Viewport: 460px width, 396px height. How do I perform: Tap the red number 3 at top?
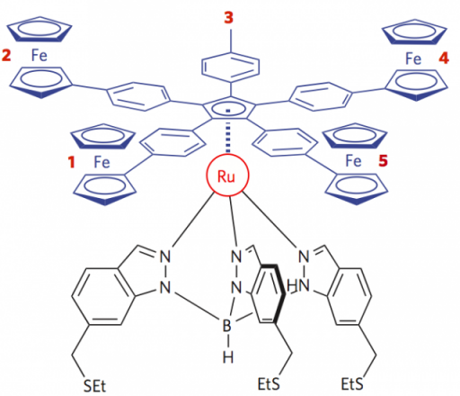tap(229, 17)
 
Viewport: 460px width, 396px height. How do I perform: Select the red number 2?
tap(6, 55)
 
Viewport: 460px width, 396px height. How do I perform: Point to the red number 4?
tap(444, 58)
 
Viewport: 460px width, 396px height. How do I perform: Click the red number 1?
tap(71, 162)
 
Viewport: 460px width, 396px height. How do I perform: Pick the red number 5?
tap(383, 161)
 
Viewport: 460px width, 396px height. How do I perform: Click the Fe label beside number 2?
tap(40, 56)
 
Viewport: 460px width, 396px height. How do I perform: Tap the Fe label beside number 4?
tap(413, 58)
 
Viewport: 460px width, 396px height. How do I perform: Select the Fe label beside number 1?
tap(102, 162)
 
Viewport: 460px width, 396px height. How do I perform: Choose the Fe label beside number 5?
tap(353, 161)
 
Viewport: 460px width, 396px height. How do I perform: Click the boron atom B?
tap(227, 326)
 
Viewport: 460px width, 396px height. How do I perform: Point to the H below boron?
tap(228, 357)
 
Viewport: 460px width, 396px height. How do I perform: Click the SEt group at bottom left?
tap(94, 386)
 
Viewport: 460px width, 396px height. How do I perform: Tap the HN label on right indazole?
tap(298, 286)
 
